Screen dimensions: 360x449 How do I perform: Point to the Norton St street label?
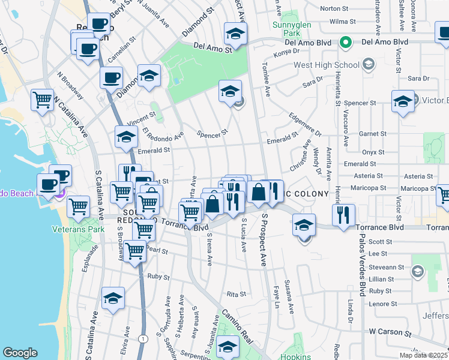coord(334,8)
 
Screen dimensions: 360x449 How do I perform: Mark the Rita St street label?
coord(236,294)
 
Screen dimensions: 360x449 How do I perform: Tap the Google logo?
coord(20,353)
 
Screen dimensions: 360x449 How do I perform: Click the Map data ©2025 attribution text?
coord(423,355)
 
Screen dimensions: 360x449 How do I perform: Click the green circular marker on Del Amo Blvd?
coord(345,43)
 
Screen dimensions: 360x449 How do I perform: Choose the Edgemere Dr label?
coord(306,124)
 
